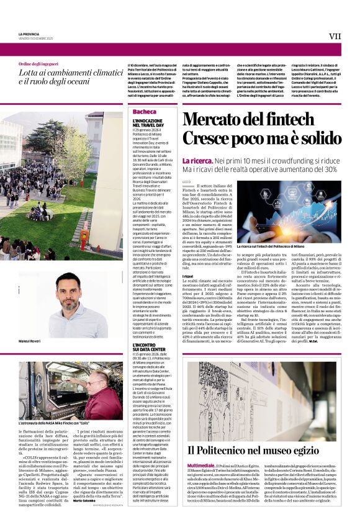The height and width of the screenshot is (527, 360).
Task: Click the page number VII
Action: [x=335, y=36]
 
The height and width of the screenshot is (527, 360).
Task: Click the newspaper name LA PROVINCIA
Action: [x=29, y=34]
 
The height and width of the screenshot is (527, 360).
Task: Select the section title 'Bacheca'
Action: [x=144, y=111]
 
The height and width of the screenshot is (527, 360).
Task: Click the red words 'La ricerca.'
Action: [x=197, y=160]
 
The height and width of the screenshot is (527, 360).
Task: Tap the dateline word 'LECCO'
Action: [x=187, y=181]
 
